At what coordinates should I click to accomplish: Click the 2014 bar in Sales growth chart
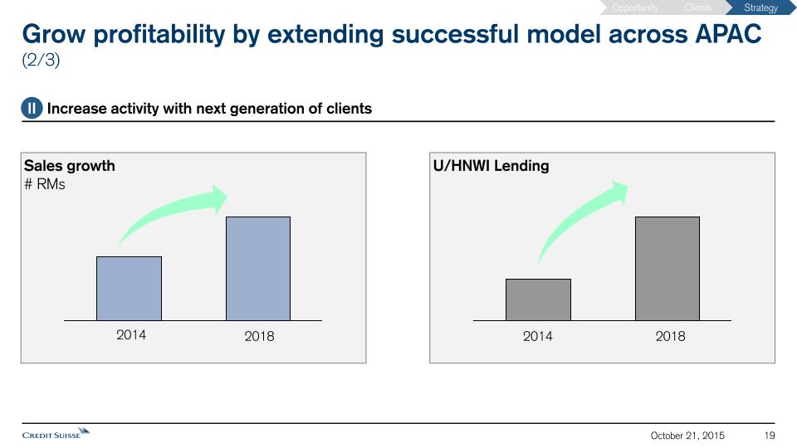coord(129,289)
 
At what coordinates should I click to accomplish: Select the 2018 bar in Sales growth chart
coord(258,269)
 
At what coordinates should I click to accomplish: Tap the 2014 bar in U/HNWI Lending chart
coord(538,299)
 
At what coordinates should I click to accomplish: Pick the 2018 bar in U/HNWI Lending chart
coord(667,269)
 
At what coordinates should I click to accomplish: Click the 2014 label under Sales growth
coord(131,335)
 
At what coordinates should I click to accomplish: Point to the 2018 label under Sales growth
coord(259,336)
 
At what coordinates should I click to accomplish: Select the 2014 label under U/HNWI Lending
coord(538,336)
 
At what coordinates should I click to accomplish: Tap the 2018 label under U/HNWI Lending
coord(671,336)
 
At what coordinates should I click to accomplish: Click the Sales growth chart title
coord(70,166)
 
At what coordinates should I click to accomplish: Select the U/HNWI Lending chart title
coord(491,166)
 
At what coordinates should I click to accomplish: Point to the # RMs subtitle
coord(45,184)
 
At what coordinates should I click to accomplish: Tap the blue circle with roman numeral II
coord(32,109)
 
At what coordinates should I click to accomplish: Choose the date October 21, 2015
coord(687,436)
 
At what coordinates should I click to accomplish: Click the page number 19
coord(770,436)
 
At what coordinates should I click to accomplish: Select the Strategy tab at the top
coord(760,8)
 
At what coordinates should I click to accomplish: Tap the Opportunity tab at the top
coord(635,8)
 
